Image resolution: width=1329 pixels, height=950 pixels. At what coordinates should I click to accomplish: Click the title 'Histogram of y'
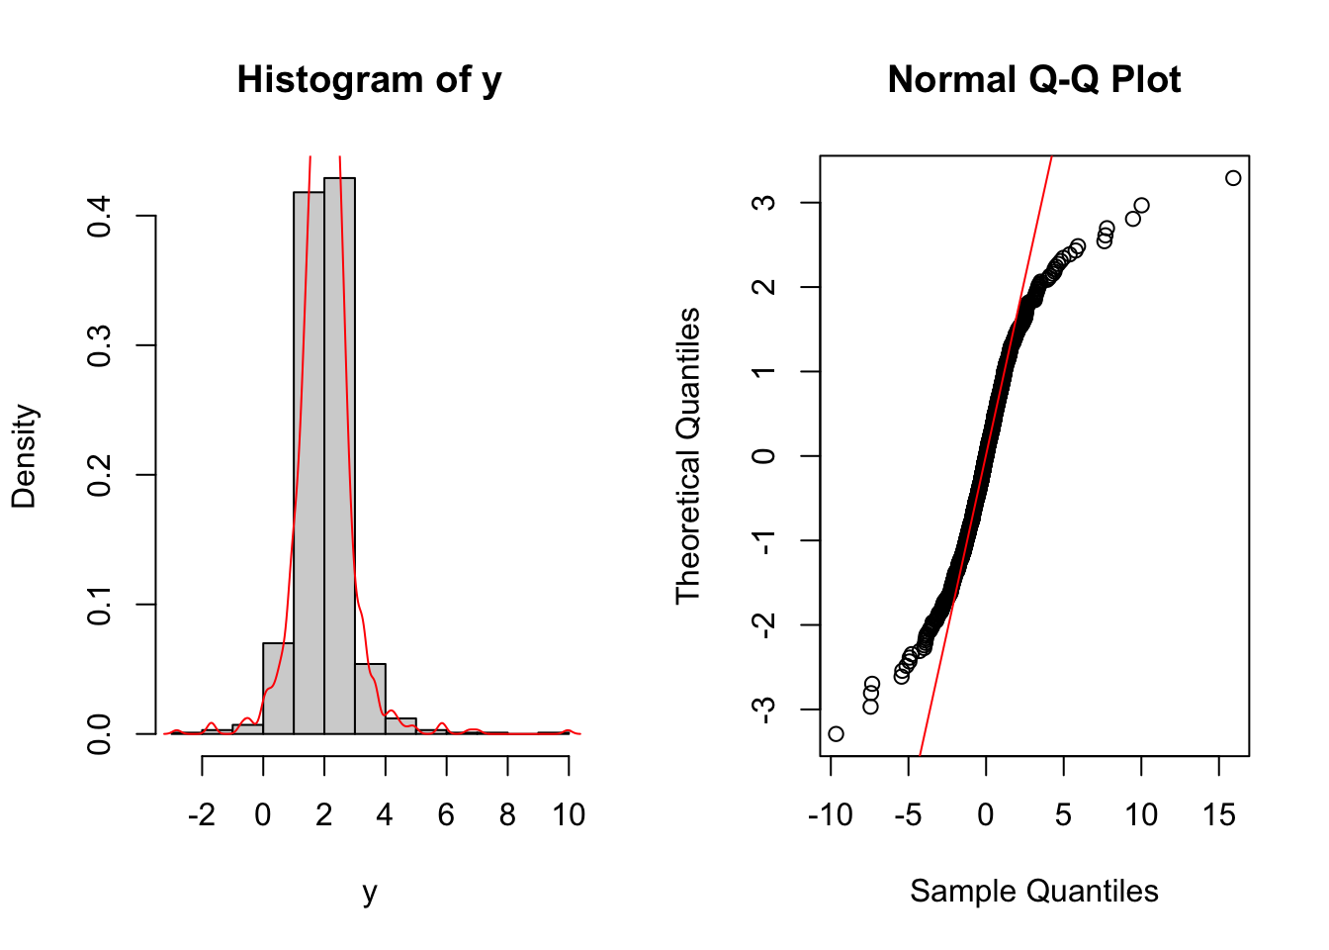click(x=369, y=80)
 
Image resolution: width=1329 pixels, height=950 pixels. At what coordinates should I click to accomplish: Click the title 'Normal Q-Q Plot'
click(x=1033, y=80)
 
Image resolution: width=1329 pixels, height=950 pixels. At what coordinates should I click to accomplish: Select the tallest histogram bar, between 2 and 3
click(x=339, y=455)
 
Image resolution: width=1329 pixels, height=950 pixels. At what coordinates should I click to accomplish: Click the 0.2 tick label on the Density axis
click(x=100, y=475)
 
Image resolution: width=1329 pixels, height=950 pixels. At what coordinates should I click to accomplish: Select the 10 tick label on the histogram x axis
click(x=569, y=815)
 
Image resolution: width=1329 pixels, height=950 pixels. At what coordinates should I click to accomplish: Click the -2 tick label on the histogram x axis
click(x=201, y=815)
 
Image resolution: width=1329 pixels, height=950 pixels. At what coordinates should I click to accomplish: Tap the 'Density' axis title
click(x=24, y=455)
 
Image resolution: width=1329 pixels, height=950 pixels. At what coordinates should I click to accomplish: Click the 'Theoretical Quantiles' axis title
click(x=687, y=455)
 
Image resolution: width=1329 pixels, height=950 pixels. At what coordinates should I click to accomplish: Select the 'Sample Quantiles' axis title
click(x=1033, y=892)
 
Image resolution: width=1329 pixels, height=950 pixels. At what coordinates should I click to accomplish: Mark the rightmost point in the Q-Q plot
click(x=1233, y=178)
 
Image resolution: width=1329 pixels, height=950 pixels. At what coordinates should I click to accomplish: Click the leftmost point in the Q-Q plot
click(x=836, y=733)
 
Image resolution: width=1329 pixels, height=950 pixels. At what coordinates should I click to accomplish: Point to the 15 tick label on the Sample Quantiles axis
click(x=1219, y=815)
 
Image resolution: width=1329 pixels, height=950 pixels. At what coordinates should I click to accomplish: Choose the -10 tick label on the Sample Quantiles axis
click(x=830, y=815)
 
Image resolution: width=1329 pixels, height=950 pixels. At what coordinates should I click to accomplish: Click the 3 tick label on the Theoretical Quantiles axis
click(x=764, y=203)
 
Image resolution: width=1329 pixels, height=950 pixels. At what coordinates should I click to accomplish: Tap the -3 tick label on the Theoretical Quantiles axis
click(x=764, y=709)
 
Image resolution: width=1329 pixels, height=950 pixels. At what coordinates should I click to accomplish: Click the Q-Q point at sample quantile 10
click(x=1141, y=206)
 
